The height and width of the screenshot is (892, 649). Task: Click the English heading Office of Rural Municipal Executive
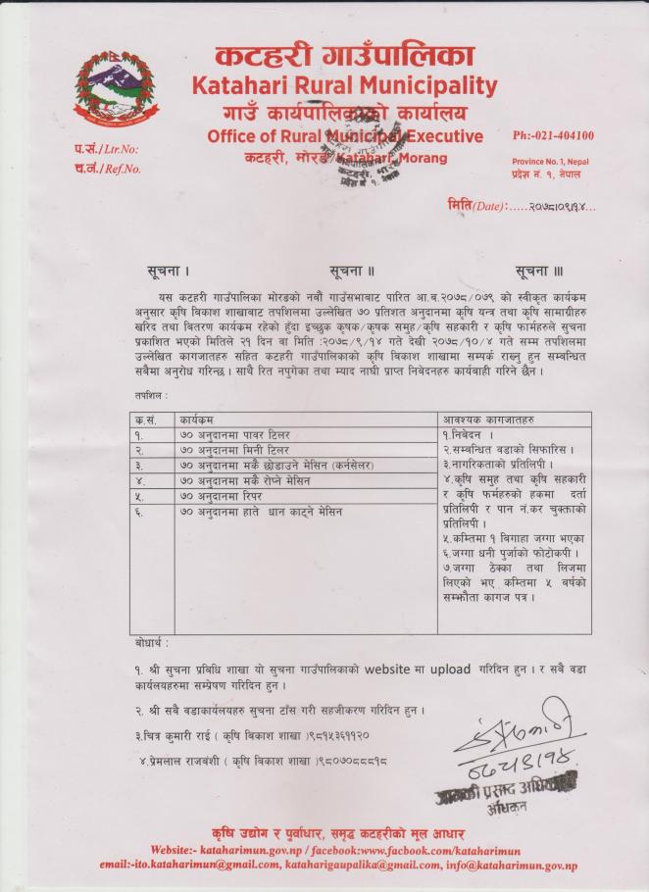(x=345, y=136)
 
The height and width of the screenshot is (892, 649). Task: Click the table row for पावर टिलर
(x=284, y=433)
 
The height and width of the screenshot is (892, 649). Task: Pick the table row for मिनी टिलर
(x=284, y=448)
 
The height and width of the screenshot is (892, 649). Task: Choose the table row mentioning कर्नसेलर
(x=284, y=464)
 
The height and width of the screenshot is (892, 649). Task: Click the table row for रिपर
(x=284, y=496)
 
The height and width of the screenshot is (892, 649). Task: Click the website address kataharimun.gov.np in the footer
(x=258, y=849)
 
